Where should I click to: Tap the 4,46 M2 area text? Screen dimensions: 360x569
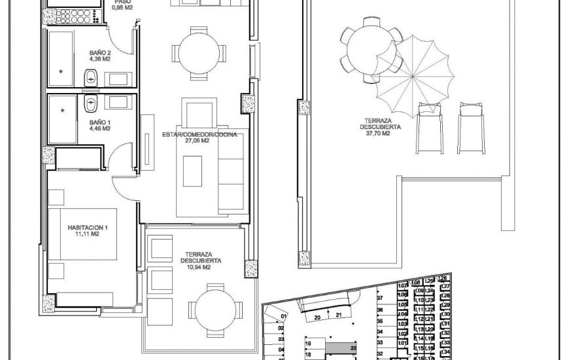[x=99, y=128]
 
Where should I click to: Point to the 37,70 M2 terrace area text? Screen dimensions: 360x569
[x=378, y=133]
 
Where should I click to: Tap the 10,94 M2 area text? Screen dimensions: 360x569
[x=196, y=267]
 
